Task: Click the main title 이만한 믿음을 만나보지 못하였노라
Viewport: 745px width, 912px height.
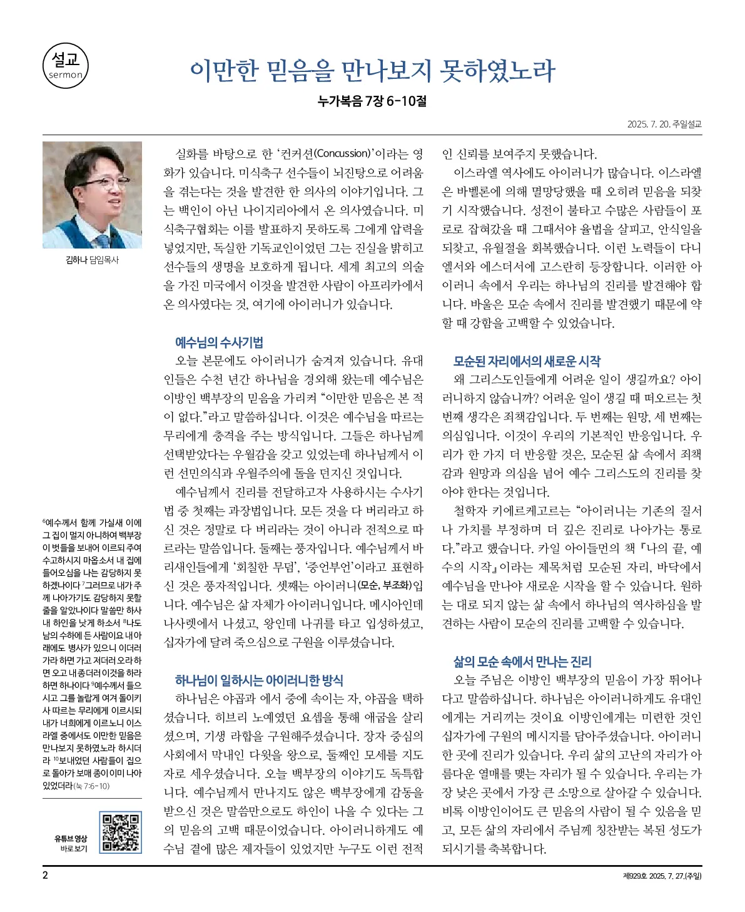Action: [x=372, y=71]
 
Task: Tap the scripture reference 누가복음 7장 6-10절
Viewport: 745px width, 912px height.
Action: [x=372, y=101]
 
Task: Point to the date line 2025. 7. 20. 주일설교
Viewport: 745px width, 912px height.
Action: [x=664, y=124]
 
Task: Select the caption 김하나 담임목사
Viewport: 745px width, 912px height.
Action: [x=92, y=260]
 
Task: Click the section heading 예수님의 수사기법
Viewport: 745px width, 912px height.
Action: [x=219, y=342]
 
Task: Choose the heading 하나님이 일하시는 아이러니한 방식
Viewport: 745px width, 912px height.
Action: [x=259, y=680]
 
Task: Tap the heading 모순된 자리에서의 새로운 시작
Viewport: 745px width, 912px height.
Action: [x=527, y=361]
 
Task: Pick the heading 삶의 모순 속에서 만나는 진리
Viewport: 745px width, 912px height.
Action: [x=522, y=662]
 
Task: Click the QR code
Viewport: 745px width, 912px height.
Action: [x=121, y=832]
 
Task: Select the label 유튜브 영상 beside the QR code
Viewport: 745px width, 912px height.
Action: [x=71, y=839]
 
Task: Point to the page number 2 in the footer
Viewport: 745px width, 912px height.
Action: [x=45, y=875]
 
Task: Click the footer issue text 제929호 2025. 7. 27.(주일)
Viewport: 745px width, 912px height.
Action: [x=662, y=876]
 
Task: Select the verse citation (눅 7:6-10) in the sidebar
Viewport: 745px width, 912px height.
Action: [x=91, y=786]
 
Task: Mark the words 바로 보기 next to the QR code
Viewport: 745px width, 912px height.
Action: [x=74, y=849]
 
